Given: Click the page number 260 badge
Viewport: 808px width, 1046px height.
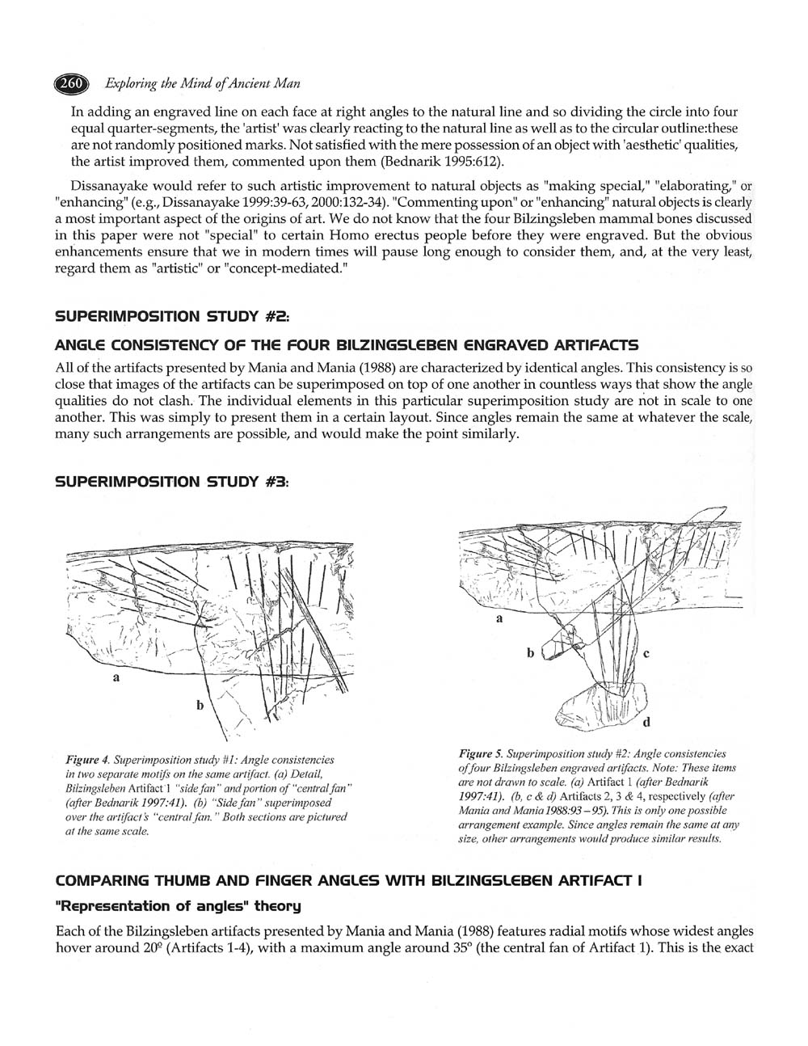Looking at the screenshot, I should click(69, 83).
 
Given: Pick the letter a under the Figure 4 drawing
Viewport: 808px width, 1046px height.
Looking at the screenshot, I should click(116, 678).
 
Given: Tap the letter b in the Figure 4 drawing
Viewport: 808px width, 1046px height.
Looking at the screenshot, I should click(200, 705).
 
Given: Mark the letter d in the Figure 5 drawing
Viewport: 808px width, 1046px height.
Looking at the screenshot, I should click(646, 721).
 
